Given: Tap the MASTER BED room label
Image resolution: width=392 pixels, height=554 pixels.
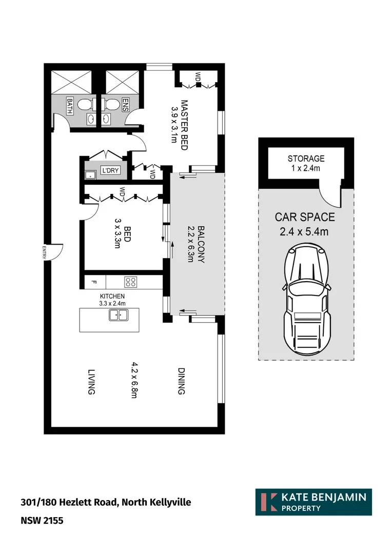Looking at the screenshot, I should tap(183, 125).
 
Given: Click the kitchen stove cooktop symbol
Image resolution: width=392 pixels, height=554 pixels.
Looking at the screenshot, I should tap(130, 282).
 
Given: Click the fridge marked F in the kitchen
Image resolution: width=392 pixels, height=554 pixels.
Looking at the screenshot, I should tap(94, 282).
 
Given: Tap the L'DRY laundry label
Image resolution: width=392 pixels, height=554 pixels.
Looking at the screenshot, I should tap(110, 170).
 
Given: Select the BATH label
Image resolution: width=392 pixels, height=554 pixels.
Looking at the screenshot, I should tap(70, 106).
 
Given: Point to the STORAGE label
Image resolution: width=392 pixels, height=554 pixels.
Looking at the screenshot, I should tap(306, 159).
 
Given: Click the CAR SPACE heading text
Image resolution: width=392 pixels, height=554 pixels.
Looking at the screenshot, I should tap(305, 217).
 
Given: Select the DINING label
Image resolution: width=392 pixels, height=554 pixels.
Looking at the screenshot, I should tap(181, 381).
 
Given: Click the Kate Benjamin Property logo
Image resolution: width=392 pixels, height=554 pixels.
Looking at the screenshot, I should tap(313, 502).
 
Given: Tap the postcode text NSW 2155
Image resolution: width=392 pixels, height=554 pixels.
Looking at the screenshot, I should tap(42, 521).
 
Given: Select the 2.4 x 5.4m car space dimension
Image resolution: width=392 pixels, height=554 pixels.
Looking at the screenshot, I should tap(304, 231).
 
